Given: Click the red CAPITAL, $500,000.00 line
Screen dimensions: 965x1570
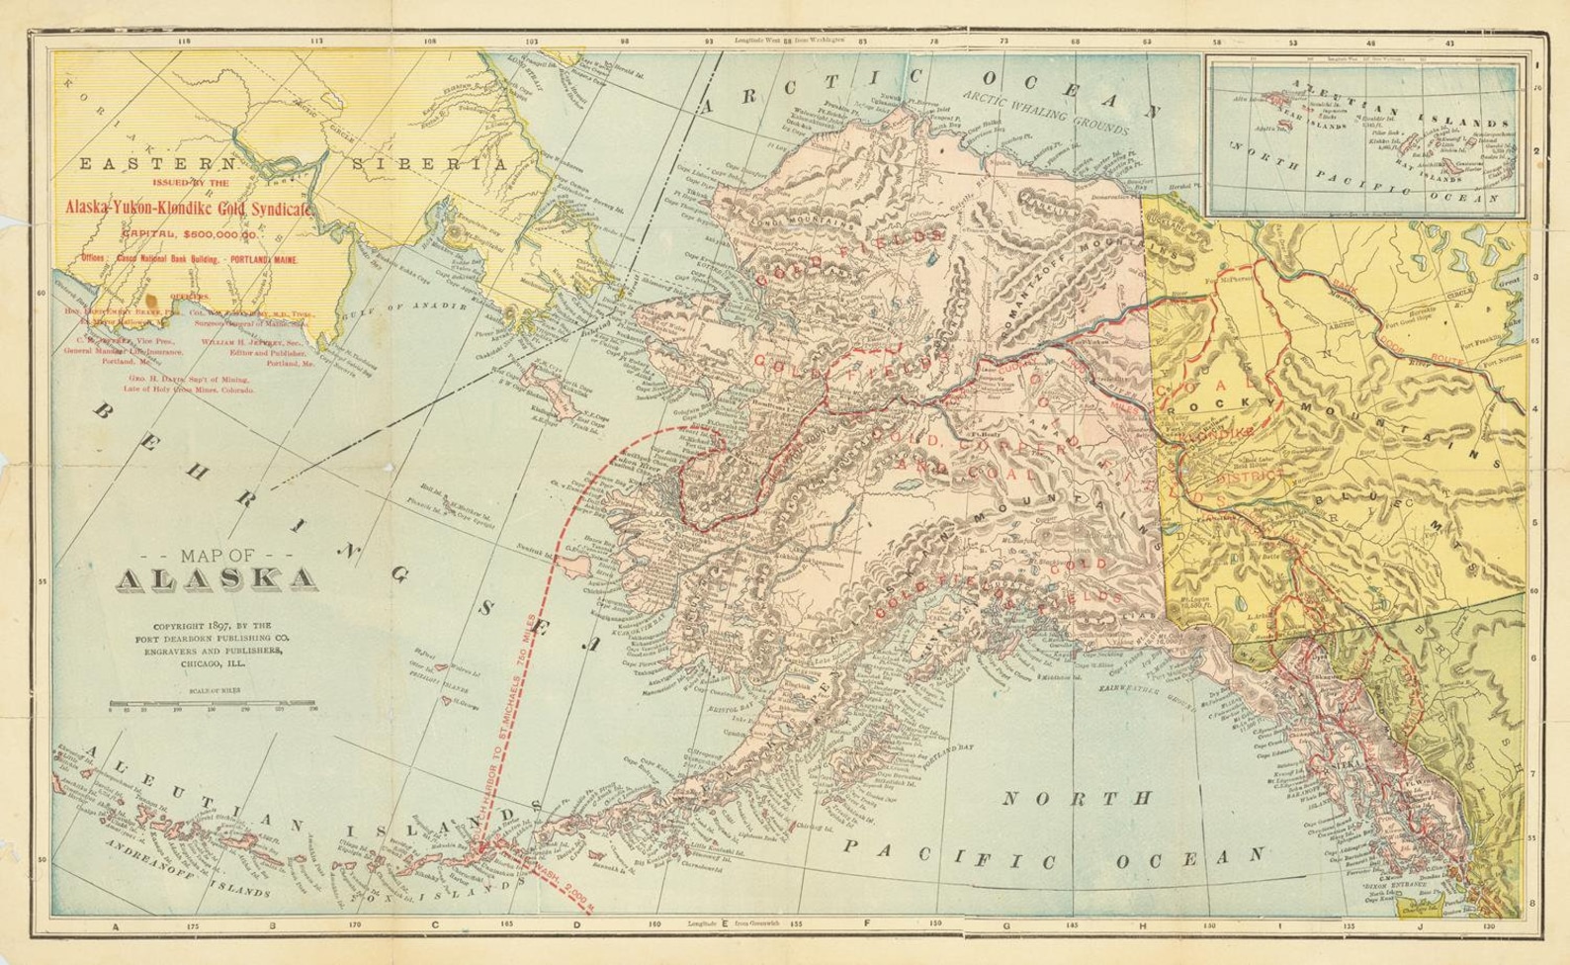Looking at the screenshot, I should click(x=189, y=235).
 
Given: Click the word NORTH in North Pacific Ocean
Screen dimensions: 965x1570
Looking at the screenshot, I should click(x=1078, y=797).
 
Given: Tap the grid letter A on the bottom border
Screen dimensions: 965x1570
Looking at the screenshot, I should click(x=116, y=926).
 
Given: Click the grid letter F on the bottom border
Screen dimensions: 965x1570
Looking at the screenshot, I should click(x=867, y=925).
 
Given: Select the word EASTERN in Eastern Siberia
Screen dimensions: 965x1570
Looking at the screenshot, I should click(x=158, y=164).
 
